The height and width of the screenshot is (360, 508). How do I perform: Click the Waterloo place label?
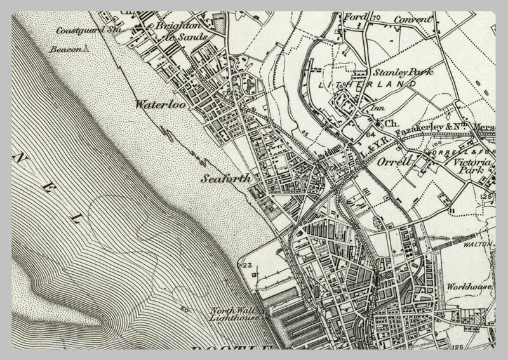pos(159,105)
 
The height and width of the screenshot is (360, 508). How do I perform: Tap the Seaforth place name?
pos(226,179)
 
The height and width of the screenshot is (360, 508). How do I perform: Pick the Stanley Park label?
pos(389,72)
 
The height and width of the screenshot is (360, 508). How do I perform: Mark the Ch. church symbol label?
pos(391,123)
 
